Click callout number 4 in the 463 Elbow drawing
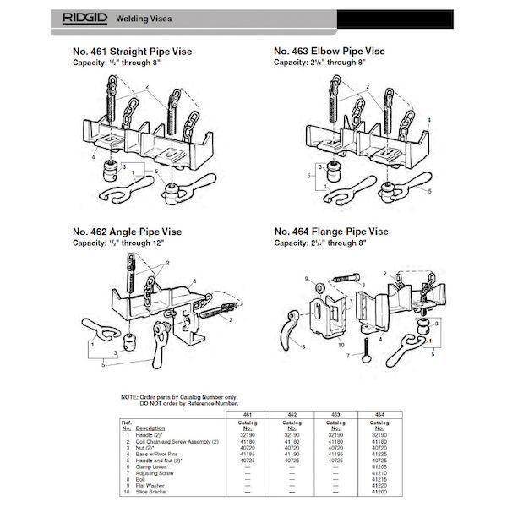coord(429,121)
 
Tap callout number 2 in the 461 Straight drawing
coord(146,87)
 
